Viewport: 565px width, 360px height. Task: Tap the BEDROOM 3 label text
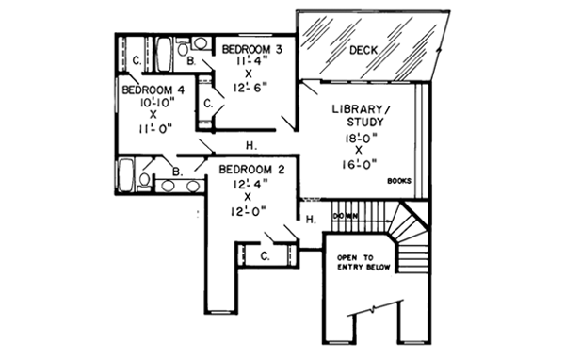251,48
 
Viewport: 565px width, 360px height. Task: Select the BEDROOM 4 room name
152,90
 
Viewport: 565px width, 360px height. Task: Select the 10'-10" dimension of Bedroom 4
152,102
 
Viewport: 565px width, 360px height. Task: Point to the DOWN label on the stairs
345,216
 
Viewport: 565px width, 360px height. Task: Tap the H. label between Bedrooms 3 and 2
251,146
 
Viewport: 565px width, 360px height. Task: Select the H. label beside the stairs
311,220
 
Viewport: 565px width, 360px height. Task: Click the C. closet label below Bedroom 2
266,255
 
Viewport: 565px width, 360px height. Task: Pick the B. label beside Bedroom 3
192,62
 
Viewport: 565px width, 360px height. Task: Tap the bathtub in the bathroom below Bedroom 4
125,175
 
